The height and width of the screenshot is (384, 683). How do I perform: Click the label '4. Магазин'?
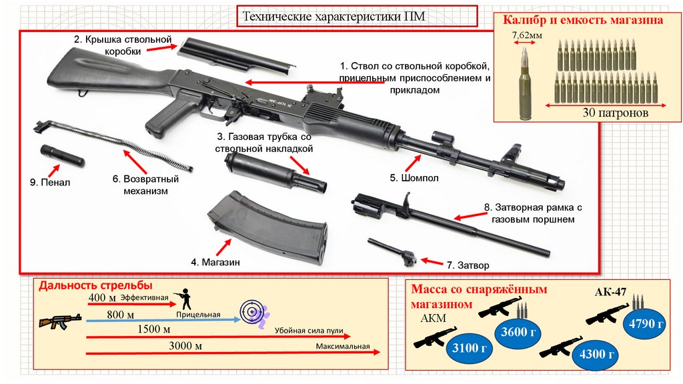coord(215,262)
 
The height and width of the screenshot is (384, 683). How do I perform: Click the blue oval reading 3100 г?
coord(466,347)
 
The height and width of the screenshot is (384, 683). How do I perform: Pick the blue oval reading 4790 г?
coord(645,325)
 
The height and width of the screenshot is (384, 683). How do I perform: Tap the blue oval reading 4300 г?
coord(598,353)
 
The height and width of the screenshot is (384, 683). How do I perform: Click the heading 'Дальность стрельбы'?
coord(91,286)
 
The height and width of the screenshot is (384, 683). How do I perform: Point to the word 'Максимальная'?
coord(343,347)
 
